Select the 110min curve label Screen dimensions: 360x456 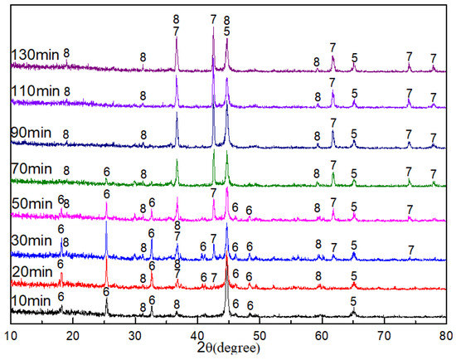point(32,90)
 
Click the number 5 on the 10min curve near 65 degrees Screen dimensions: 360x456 point(354,301)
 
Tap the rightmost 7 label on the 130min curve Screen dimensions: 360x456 point(433,58)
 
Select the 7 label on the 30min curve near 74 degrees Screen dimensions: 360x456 point(411,250)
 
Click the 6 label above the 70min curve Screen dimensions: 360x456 point(106,172)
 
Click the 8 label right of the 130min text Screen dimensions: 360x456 point(66,53)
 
